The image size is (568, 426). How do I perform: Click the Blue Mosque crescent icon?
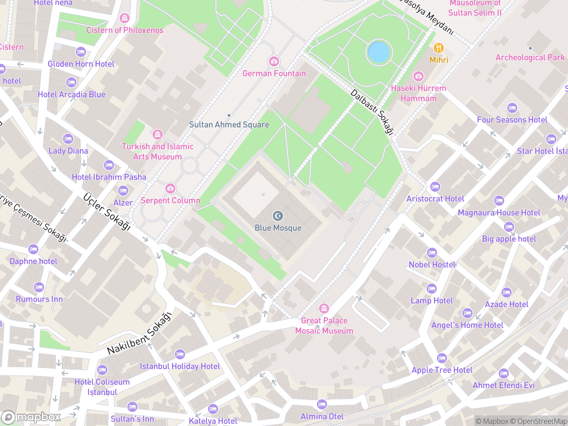pyautogui.click(x=278, y=215)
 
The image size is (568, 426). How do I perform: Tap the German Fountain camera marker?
pyautogui.click(x=274, y=61)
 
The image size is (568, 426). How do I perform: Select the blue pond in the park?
pyautogui.click(x=379, y=52)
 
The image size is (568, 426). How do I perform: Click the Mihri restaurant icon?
pyautogui.click(x=439, y=48)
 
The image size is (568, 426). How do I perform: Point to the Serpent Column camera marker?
pyautogui.click(x=170, y=188)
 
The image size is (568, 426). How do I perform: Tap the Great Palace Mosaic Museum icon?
pyautogui.click(x=324, y=308)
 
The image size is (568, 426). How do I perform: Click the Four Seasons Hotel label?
pyautogui.click(x=512, y=120)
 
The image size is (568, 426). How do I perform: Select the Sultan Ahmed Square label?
pyautogui.click(x=229, y=125)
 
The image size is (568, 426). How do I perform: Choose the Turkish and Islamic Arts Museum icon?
pyautogui.click(x=158, y=135)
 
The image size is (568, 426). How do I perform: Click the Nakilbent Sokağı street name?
pyautogui.click(x=140, y=334)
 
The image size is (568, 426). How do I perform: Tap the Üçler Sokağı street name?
pyautogui.click(x=107, y=212)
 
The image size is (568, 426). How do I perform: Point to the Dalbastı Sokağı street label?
pyautogui.click(x=372, y=112)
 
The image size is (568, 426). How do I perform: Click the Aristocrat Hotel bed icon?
pyautogui.click(x=435, y=186)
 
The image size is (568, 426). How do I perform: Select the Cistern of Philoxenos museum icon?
pyautogui.click(x=124, y=18)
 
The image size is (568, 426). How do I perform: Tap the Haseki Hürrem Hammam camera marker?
pyautogui.click(x=419, y=76)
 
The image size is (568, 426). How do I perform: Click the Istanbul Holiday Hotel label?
pyautogui.click(x=180, y=366)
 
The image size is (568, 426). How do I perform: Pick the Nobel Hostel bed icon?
pyautogui.click(x=432, y=253)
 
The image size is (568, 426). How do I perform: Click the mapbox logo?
pyautogui.click(x=31, y=417)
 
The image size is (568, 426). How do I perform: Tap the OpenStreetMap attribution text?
pyautogui.click(x=542, y=421)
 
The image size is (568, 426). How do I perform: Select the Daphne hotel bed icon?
pyautogui.click(x=33, y=249)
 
